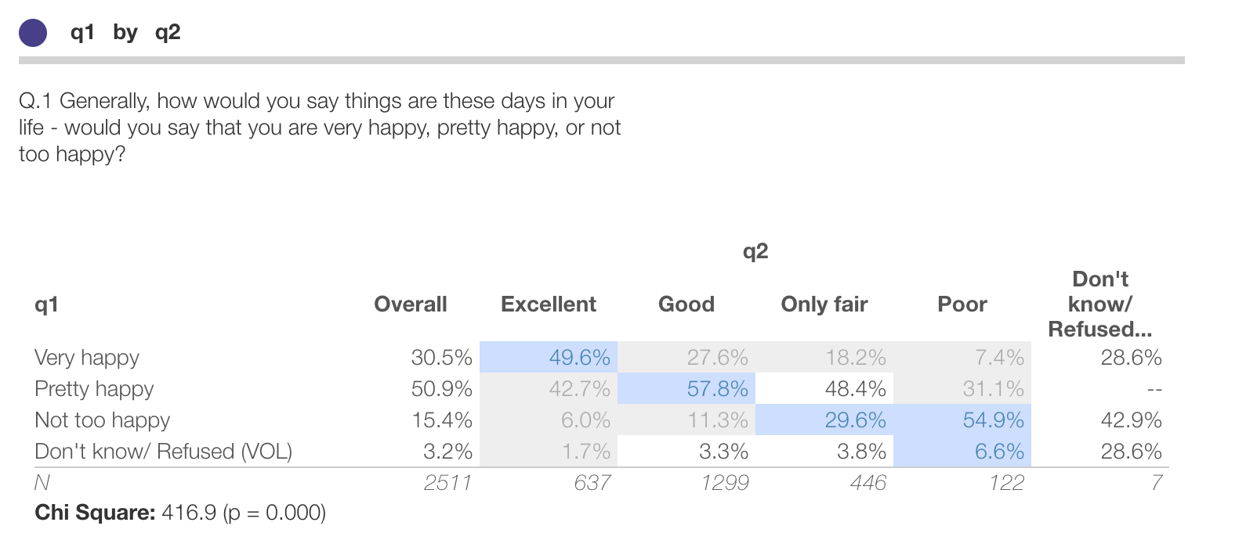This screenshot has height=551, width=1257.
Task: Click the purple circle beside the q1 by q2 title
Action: pos(33,33)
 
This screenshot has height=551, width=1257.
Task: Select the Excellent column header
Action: pos(549,304)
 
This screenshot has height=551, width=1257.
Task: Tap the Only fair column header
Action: pos(824,304)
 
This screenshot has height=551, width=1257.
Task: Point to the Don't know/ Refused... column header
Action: pos(1100,304)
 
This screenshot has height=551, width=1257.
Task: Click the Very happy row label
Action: pos(87,358)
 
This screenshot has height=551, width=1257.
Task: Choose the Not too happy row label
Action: pos(102,420)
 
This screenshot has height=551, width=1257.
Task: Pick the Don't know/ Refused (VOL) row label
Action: pos(163,452)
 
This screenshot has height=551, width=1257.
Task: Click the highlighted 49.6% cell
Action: pos(579,358)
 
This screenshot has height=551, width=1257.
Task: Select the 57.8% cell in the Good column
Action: pos(717,389)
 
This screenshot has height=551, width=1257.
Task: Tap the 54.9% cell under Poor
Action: pos(993,420)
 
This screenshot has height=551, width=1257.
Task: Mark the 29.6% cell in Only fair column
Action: pos(855,420)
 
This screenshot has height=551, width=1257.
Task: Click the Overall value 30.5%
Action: pos(441,358)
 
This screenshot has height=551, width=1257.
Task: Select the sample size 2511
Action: pos(447,483)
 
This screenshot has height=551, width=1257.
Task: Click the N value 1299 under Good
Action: pos(725,483)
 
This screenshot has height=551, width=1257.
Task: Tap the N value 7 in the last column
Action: pos(1157,483)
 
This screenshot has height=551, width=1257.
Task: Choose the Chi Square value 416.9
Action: pos(188,513)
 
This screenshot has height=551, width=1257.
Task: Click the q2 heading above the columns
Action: pos(755,251)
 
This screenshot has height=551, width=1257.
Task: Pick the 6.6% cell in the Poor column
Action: pos(999,452)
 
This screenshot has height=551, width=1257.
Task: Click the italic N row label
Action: pos(42,483)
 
